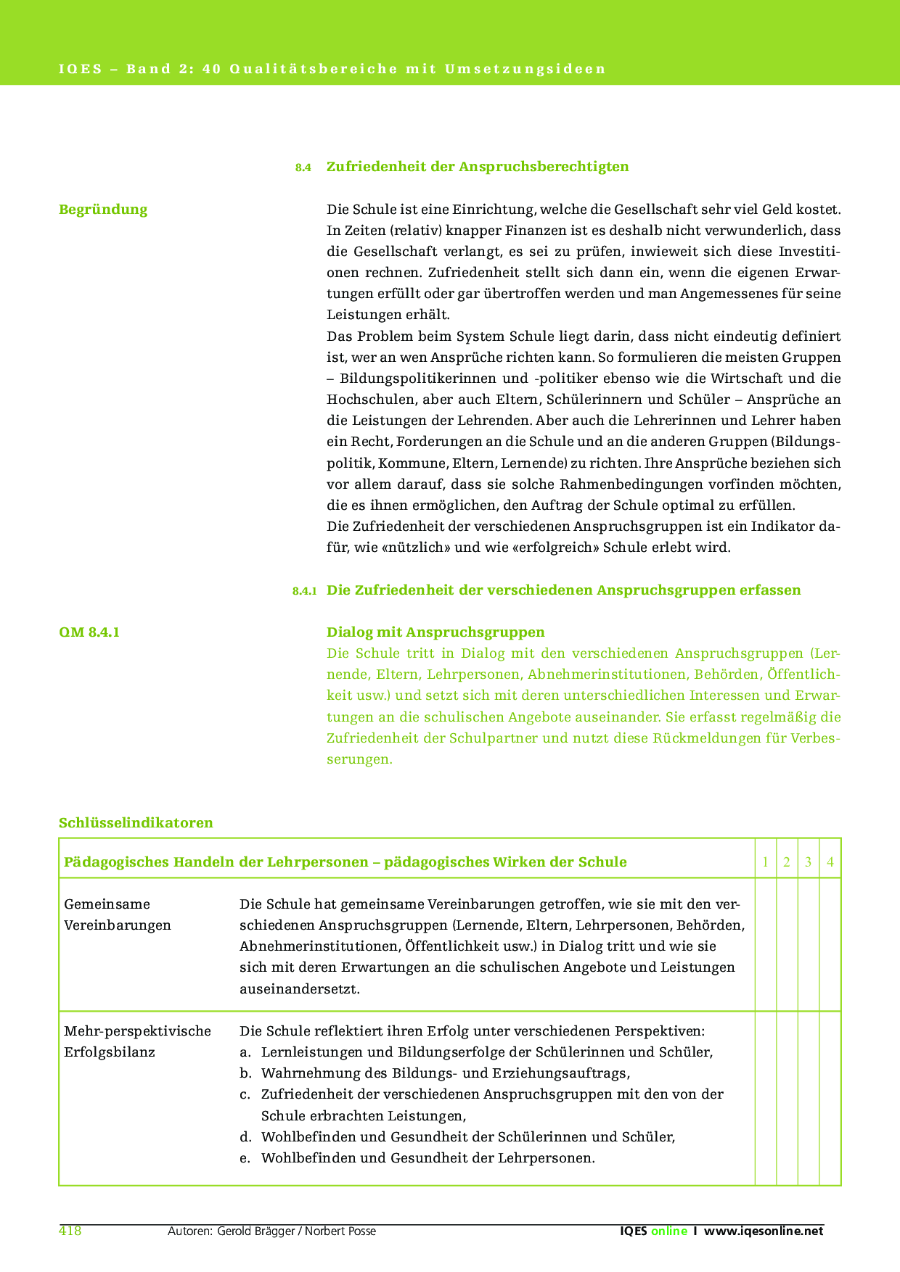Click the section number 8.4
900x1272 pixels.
303,168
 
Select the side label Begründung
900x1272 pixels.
103,210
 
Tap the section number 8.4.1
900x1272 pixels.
304,591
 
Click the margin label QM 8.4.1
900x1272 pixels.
89,632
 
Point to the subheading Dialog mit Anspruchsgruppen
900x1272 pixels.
435,632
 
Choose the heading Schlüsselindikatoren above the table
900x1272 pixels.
136,823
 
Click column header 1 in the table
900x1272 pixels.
765,862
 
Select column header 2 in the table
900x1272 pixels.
787,862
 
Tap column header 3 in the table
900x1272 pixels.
809,862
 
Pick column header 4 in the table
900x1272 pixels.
830,862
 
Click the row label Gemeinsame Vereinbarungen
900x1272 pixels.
118,914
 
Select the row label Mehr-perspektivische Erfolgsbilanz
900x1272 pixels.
137,1041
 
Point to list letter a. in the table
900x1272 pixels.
245,1052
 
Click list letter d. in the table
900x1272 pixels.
245,1137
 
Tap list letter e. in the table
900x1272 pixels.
245,1158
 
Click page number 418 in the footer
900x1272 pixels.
70,1231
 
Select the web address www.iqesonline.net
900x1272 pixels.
764,1231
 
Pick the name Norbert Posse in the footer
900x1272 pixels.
340,1231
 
